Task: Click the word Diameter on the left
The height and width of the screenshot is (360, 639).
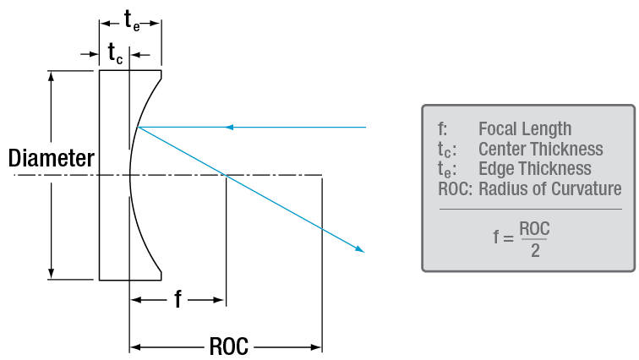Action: pyautogui.click(x=51, y=158)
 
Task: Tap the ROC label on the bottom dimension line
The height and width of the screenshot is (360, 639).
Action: pyautogui.click(x=228, y=347)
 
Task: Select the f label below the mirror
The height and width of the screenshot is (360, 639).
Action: pyautogui.click(x=178, y=299)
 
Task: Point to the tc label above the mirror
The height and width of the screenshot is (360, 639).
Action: pyautogui.click(x=115, y=53)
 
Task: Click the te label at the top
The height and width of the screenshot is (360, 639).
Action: pyautogui.click(x=133, y=21)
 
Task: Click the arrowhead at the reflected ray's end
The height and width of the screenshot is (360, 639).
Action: pyautogui.click(x=362, y=249)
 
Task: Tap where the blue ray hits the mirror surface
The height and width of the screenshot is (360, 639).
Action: pyautogui.click(x=138, y=128)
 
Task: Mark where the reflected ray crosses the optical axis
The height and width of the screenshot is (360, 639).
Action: pyautogui.click(x=225, y=176)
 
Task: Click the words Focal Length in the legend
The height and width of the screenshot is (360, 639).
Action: pyautogui.click(x=525, y=129)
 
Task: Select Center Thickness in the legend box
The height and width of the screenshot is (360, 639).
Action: pyautogui.click(x=541, y=150)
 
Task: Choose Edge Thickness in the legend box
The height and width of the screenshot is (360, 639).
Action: pyautogui.click(x=534, y=169)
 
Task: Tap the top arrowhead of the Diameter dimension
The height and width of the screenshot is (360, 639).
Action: pyautogui.click(x=52, y=75)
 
